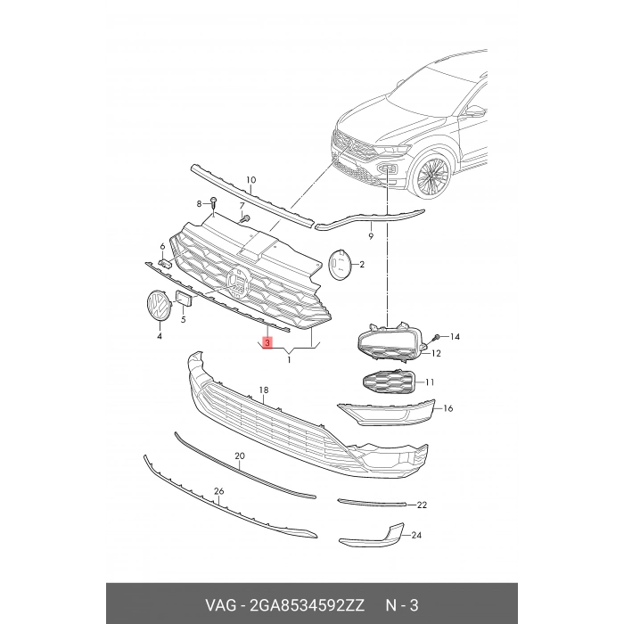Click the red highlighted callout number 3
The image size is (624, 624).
(x=267, y=342)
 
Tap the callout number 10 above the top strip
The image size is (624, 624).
(x=250, y=180)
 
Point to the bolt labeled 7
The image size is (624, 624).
(x=245, y=218)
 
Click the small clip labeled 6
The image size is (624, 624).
(x=165, y=264)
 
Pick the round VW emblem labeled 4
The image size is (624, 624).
(x=158, y=306)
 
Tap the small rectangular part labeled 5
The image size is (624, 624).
(x=185, y=300)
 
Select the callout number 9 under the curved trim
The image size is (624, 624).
(x=371, y=236)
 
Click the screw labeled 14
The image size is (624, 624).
(x=437, y=337)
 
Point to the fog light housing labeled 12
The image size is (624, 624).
(x=390, y=343)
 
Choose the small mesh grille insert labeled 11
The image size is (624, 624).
(x=388, y=382)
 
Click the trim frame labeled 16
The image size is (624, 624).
(x=385, y=413)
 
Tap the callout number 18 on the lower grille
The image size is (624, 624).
(x=264, y=390)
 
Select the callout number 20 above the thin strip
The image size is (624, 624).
(x=240, y=456)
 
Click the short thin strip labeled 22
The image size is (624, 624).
(x=372, y=503)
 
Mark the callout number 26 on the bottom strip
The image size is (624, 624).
(x=219, y=491)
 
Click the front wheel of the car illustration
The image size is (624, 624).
(x=432, y=175)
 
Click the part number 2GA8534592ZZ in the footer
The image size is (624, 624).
(x=307, y=605)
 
